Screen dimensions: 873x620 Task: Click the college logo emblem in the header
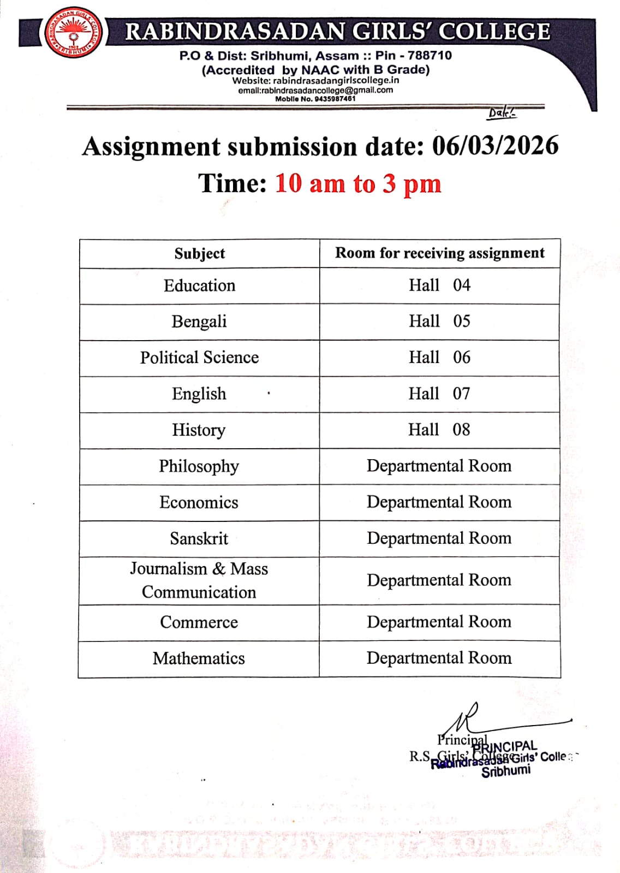click(x=74, y=33)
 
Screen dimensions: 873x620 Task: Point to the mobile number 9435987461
click(x=335, y=99)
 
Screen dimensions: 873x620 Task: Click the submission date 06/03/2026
click(x=495, y=146)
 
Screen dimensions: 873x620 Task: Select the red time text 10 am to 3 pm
click(x=358, y=183)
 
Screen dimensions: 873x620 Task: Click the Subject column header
click(x=199, y=253)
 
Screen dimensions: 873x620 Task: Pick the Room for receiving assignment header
click(x=439, y=253)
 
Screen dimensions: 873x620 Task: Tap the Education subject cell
click(x=199, y=286)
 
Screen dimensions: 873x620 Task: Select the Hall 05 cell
click(x=439, y=321)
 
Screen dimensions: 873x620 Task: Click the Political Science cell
click(x=199, y=358)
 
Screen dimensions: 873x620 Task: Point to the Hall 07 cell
click(x=439, y=394)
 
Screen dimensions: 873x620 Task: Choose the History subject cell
click(x=199, y=430)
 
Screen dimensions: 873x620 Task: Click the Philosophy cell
click(x=199, y=466)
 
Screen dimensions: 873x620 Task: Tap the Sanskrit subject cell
click(x=199, y=539)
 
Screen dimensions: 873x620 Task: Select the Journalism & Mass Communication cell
click(x=199, y=580)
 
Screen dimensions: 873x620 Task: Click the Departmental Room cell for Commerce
click(x=439, y=622)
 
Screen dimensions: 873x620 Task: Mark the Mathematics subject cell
click(x=199, y=658)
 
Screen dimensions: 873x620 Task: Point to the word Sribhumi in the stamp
click(x=505, y=771)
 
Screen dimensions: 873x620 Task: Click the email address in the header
click(x=315, y=90)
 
